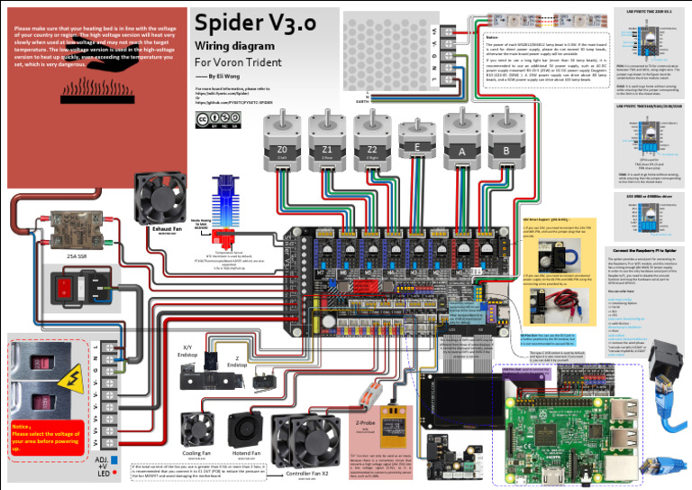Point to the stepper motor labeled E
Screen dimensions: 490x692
point(415,144)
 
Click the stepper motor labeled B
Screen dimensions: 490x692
point(507,144)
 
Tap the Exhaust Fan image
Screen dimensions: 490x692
point(159,198)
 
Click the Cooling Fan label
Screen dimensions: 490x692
point(196,453)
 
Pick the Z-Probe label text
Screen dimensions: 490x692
point(366,422)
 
